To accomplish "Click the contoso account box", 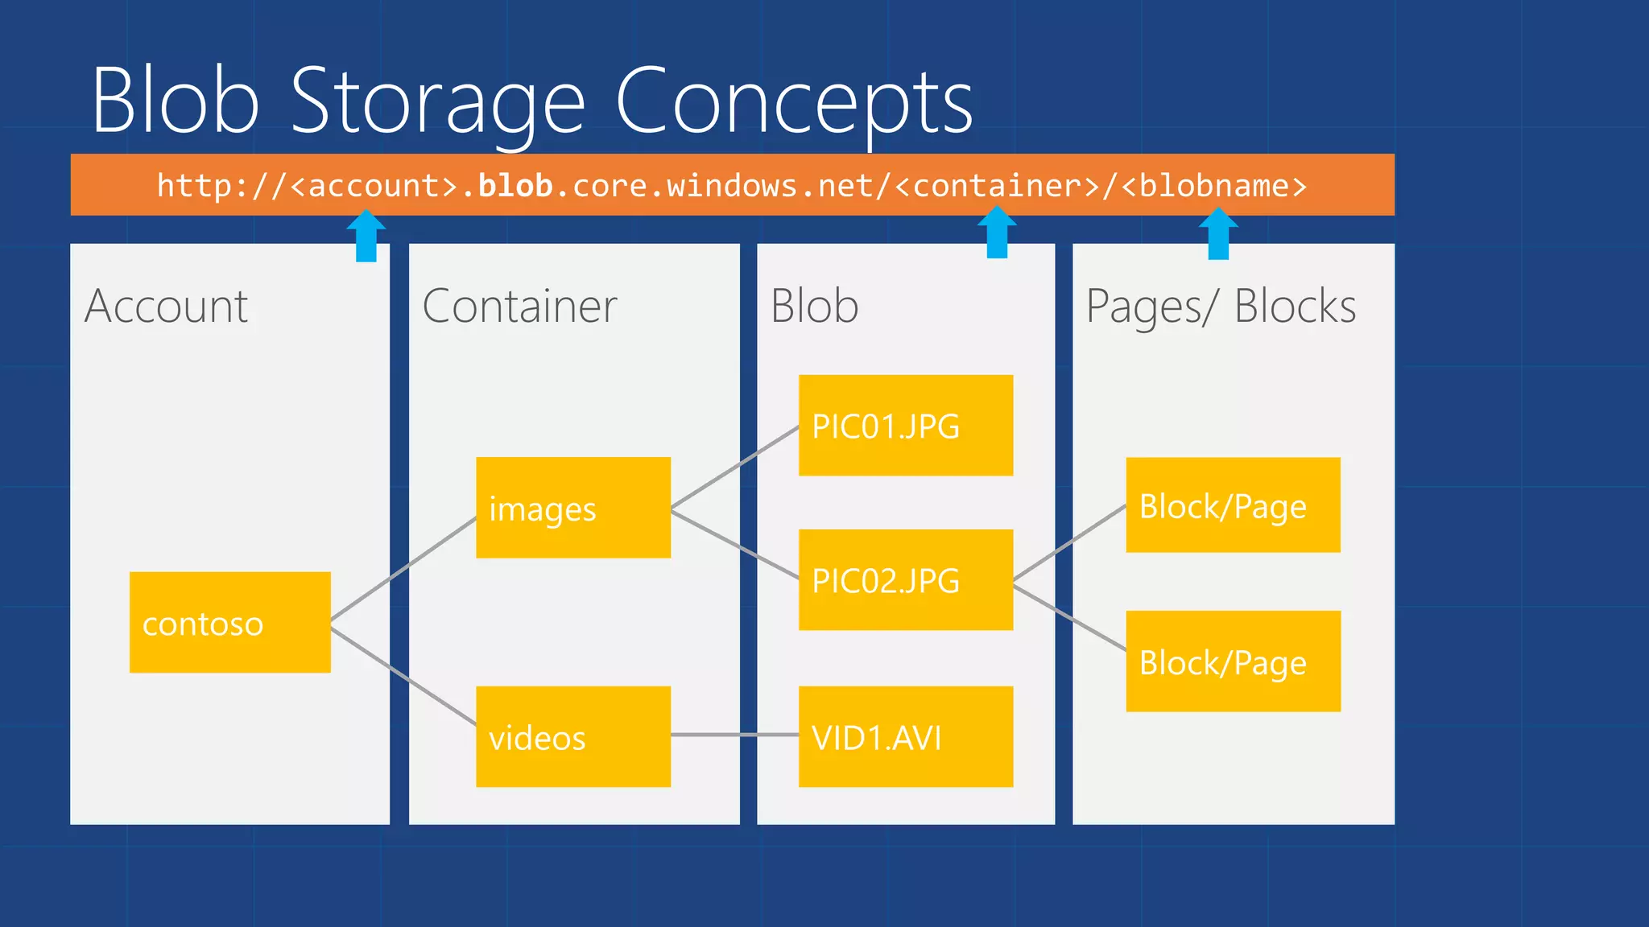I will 229,622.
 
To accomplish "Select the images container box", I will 572,507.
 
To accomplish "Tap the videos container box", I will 572,736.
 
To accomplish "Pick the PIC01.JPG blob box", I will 905,425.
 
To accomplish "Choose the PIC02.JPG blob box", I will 905,579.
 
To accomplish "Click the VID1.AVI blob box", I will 905,736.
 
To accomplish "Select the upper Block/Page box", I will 1233,505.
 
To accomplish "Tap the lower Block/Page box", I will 1233,661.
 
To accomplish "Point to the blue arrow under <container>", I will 997,233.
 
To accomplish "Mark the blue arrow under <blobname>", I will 1218,234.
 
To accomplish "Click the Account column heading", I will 166,307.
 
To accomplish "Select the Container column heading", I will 519,307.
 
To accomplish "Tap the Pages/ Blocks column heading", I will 1221,307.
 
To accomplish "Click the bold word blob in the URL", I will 515,186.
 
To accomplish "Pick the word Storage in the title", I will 437,102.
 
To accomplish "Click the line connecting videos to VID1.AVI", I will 734,735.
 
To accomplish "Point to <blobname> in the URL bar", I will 1213,186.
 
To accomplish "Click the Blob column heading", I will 814,307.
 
